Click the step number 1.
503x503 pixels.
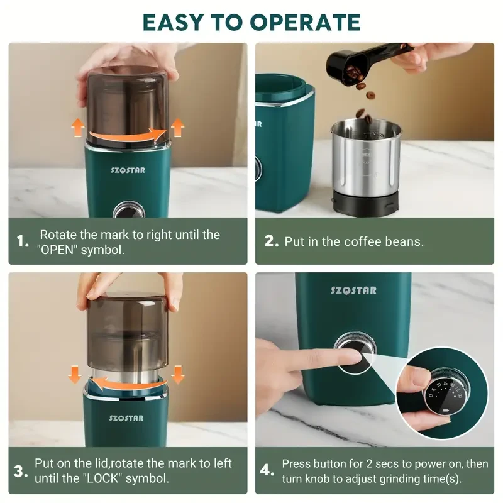(23, 241)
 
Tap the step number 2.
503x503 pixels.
(271, 241)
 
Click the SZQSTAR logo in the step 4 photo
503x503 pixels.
(353, 290)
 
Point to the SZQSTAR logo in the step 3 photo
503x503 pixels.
(126, 417)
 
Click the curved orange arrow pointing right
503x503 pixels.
(128, 135)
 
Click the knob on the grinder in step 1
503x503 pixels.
(125, 211)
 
